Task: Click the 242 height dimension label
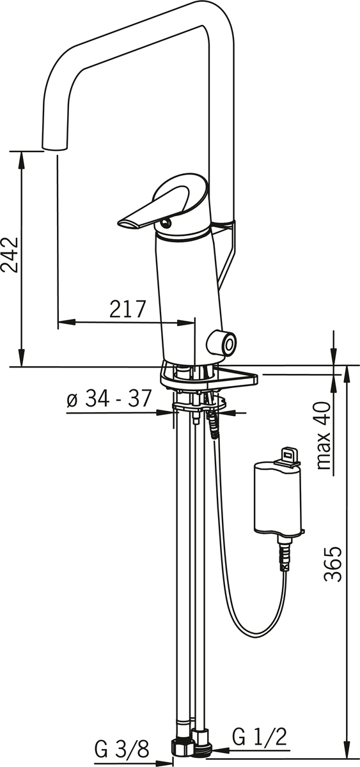10,254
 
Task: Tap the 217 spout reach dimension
128,309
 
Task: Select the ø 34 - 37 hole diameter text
109,398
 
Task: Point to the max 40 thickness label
324,435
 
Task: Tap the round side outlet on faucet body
222,343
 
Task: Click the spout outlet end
55,146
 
